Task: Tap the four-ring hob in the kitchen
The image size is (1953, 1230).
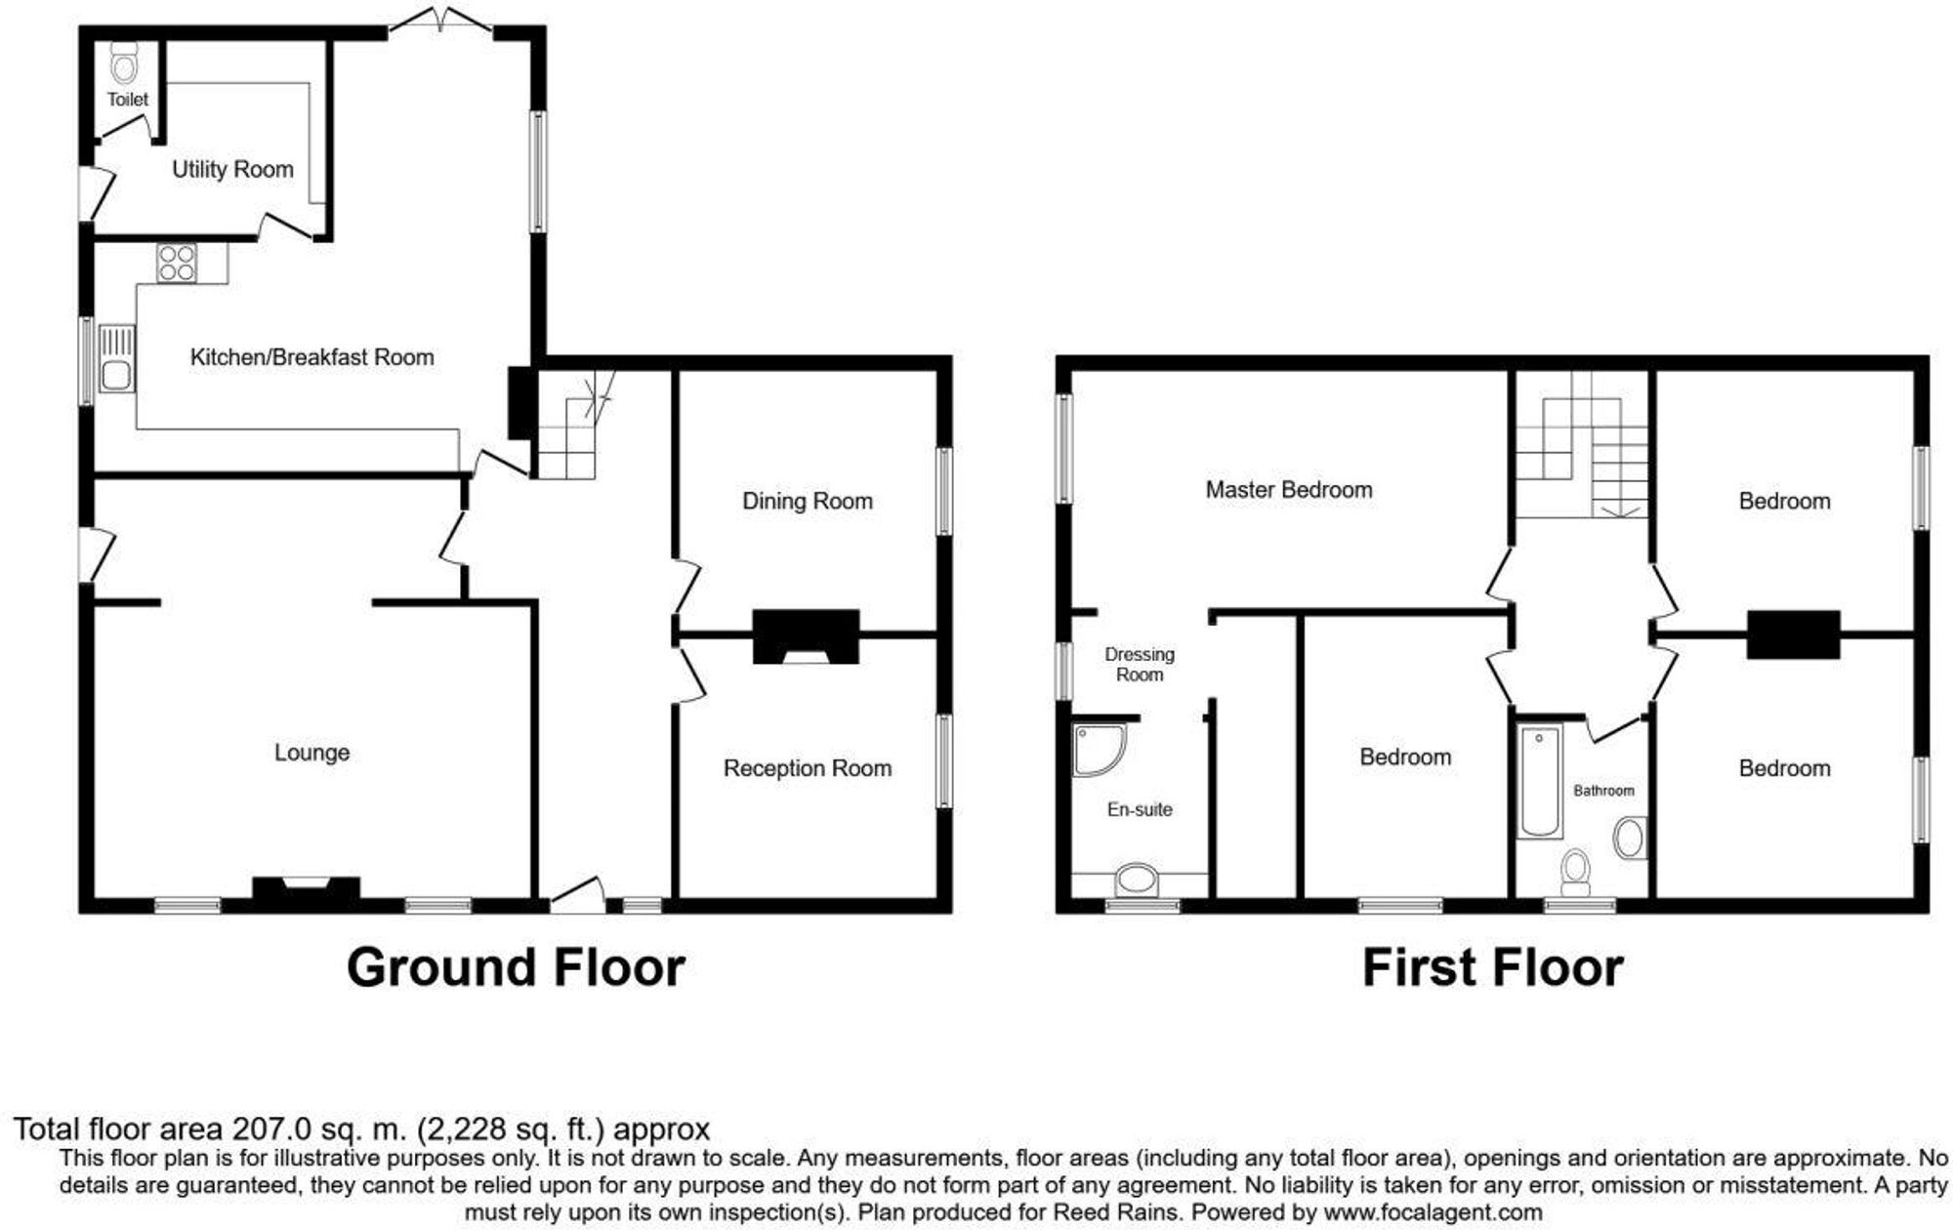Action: click(177, 263)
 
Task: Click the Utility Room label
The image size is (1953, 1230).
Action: click(232, 170)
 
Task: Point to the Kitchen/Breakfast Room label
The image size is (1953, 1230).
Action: click(312, 357)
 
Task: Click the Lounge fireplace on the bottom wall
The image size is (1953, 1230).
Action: click(307, 888)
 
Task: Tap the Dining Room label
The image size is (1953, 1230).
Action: click(808, 501)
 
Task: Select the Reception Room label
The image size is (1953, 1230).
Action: click(808, 768)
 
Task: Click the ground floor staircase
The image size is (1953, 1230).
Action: click(575, 426)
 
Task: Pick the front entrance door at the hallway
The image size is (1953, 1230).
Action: click(577, 895)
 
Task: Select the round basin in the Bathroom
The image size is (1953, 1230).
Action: click(1629, 839)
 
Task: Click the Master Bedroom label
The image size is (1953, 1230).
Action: click(1289, 490)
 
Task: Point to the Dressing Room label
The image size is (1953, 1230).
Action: click(1140, 664)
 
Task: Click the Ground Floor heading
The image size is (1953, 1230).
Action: click(516, 967)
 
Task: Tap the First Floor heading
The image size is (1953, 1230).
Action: click(1492, 967)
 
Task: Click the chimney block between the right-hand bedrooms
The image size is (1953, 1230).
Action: click(1794, 635)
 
